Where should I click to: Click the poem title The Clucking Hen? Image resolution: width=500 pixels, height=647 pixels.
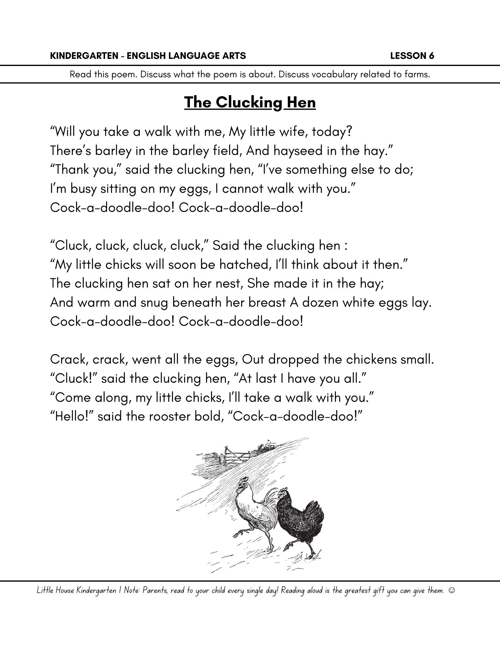click(250, 103)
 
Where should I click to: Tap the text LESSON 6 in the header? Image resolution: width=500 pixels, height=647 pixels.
click(412, 56)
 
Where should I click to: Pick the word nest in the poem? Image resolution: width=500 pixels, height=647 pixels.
click(229, 284)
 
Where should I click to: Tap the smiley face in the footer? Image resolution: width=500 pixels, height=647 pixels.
click(452, 590)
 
